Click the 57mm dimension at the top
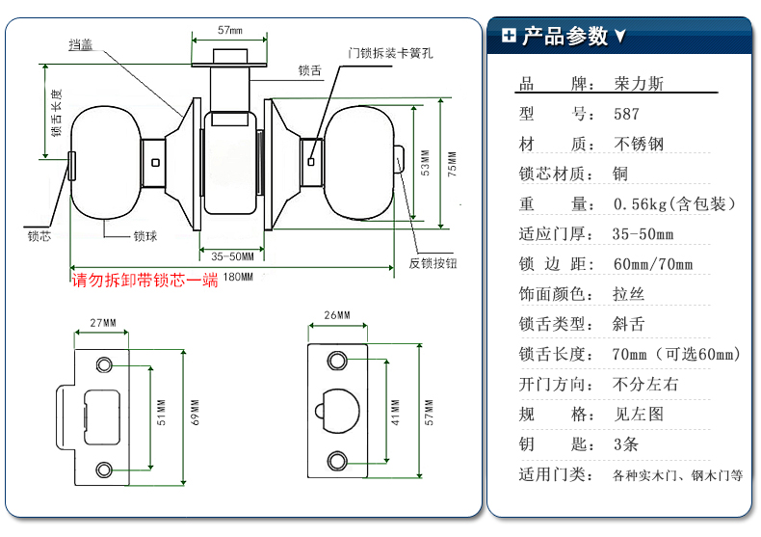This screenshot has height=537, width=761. point(228,31)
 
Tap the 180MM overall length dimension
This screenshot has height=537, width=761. point(238,278)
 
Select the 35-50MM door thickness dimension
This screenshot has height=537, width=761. point(232,255)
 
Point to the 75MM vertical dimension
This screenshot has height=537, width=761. point(452,165)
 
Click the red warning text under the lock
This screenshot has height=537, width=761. point(145,281)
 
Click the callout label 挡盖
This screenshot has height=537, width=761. point(80,44)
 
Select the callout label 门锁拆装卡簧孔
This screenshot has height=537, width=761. point(390,53)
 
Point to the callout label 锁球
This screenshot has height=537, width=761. point(145,235)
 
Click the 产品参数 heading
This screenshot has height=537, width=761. point(564,37)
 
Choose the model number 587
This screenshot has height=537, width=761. point(626,114)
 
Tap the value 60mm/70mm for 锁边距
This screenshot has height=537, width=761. point(652,263)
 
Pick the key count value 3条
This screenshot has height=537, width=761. point(625,443)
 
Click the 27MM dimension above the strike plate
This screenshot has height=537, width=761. point(102,322)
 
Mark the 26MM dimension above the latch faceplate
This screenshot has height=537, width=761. point(336,315)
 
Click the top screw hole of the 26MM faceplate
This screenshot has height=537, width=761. point(336,361)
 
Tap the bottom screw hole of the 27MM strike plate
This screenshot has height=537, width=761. point(103,469)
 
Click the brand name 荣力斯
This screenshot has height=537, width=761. point(639,84)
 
